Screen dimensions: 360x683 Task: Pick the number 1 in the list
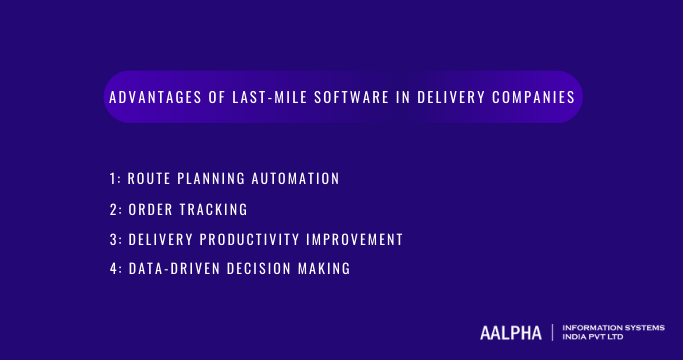[112, 179]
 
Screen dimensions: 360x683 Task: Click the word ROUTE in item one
[151, 179]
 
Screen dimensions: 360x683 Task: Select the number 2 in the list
[113, 210]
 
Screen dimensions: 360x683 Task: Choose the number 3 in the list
[113, 240]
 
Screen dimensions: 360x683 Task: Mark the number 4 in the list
[113, 270]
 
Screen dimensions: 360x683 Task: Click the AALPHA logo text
[510, 332]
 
